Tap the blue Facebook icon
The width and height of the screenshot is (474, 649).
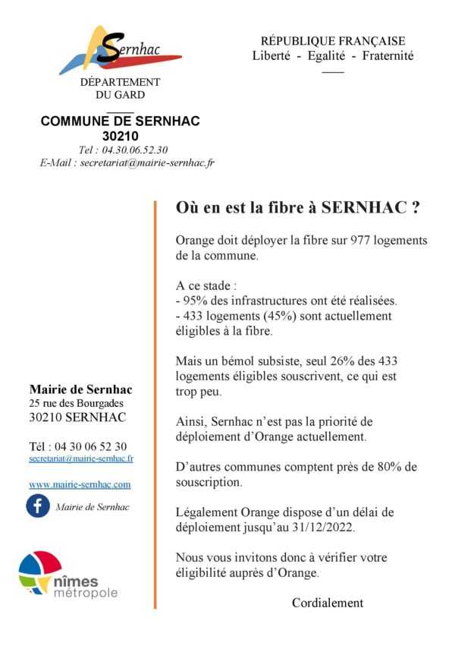coord(38,506)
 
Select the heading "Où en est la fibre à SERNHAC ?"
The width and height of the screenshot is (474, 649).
coord(298,206)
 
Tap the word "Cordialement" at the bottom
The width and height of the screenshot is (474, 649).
coord(328,603)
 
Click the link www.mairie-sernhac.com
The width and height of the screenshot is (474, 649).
coord(80,484)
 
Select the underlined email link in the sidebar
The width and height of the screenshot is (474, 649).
coord(81,458)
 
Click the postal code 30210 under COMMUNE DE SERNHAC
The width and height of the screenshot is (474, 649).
coord(120,137)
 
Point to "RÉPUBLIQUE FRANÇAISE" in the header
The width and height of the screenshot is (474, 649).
coord(333,41)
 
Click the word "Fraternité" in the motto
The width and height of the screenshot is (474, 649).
coord(388,56)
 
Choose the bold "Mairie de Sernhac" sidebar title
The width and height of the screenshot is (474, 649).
coord(80,389)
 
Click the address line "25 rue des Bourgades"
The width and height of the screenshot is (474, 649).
coord(76,403)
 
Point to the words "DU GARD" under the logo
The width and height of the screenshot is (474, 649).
coord(120,95)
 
